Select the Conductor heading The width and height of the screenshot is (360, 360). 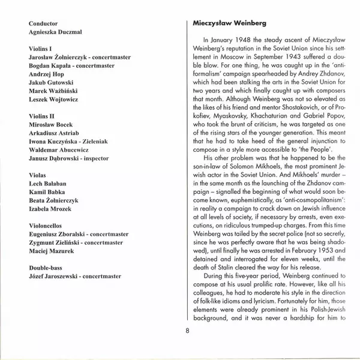point(46,24)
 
